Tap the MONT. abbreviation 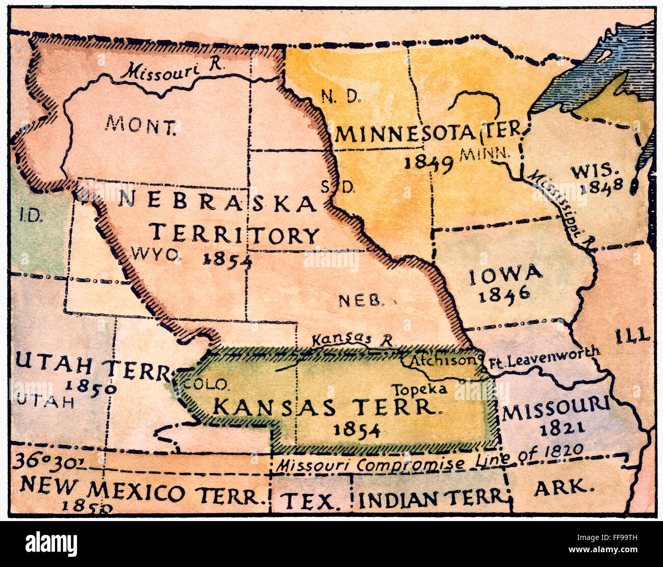click(x=141, y=124)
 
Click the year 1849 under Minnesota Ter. click(x=428, y=162)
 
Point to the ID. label click(x=31, y=215)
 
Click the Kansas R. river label click(x=353, y=339)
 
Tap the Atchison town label click(x=443, y=360)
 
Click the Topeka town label click(x=419, y=389)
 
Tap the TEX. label click(x=311, y=502)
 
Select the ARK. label click(x=564, y=488)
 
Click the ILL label click(x=632, y=335)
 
